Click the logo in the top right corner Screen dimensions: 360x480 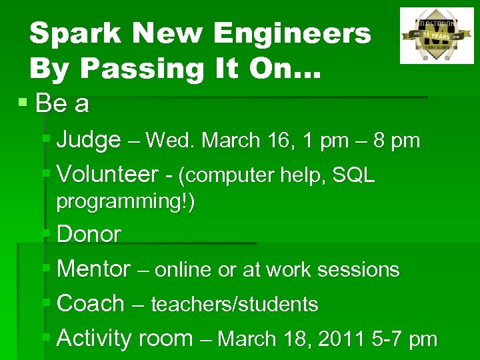(x=436, y=35)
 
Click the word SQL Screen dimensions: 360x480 (x=353, y=175)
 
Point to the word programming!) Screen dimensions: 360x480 (x=125, y=201)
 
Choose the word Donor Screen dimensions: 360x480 (x=89, y=235)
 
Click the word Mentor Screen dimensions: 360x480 (x=94, y=269)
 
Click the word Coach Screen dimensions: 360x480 (x=91, y=304)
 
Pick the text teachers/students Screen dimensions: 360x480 (x=235, y=305)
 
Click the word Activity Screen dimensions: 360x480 (x=95, y=339)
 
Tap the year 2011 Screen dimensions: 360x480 (x=341, y=339)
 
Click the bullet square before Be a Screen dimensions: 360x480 (x=23, y=103)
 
